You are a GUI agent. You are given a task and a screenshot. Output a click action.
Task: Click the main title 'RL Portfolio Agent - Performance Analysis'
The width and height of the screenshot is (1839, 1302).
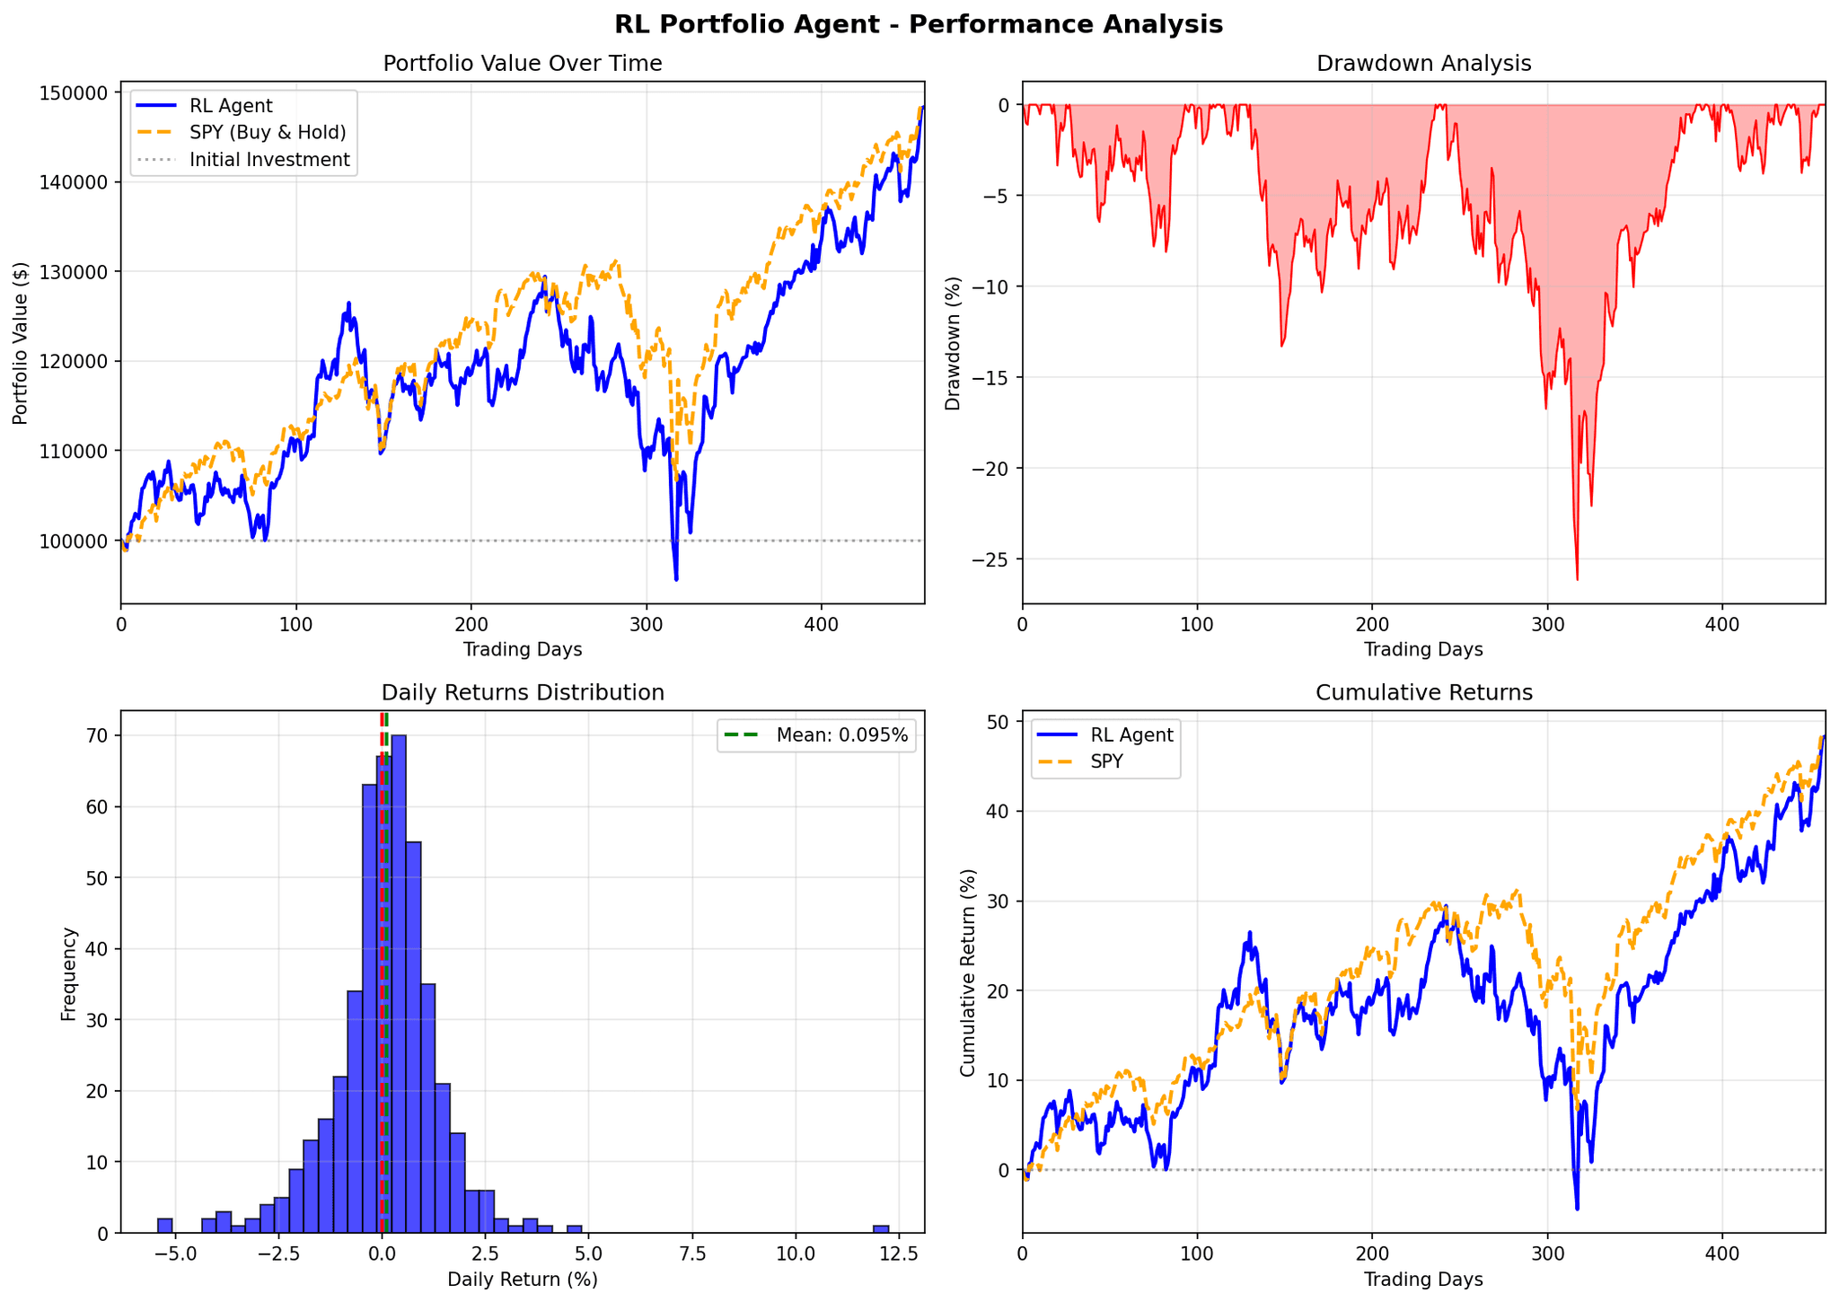pos(919,24)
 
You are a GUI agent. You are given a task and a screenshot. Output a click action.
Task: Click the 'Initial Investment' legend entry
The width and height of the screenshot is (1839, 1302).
pos(269,160)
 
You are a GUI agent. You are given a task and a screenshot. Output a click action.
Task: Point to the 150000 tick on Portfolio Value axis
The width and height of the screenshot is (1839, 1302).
pos(79,92)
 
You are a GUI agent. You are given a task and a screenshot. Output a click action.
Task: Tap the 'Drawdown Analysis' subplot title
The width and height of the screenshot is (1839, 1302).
pos(1423,64)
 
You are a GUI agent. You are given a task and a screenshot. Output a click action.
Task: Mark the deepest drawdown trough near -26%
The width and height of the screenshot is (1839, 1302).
pos(1577,578)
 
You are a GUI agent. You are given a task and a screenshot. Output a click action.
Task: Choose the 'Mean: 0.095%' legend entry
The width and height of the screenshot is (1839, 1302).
pos(841,736)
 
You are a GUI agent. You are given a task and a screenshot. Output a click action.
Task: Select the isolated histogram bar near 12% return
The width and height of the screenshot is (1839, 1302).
pos(881,1228)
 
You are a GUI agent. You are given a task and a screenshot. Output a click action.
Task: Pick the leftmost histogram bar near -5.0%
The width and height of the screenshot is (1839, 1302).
pos(165,1226)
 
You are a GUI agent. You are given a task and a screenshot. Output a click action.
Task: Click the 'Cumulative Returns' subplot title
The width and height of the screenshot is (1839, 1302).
pos(1423,692)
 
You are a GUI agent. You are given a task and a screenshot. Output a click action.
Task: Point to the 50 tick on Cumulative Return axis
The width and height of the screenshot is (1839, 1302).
pos(998,722)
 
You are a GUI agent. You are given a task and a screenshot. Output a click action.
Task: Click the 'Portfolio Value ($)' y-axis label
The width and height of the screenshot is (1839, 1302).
pos(21,343)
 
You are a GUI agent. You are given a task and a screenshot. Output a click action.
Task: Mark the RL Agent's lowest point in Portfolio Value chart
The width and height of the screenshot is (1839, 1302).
pos(676,579)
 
